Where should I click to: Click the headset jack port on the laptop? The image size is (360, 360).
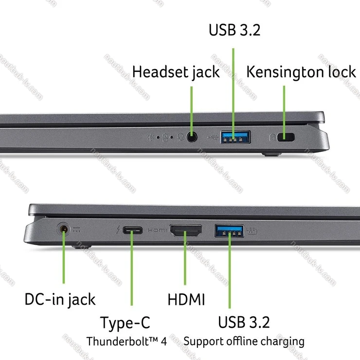coord(192,137)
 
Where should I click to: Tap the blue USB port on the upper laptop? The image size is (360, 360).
coord(235,137)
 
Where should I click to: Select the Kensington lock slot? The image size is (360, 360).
coord(286,137)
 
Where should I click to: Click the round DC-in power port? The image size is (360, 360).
coord(64,229)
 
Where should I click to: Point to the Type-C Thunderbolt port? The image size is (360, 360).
coord(132,230)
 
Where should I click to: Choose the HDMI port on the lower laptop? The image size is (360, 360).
coord(186,231)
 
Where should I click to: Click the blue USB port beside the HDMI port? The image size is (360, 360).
coord(229,231)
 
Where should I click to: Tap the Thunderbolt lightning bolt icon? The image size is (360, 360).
coord(118,230)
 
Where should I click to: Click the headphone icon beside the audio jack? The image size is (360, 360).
coord(180,137)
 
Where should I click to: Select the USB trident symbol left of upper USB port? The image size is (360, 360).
coord(213,137)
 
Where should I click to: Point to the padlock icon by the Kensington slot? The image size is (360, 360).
coord(272,137)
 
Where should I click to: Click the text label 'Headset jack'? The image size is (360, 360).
coord(176,72)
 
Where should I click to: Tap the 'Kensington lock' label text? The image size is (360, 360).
coord(301,72)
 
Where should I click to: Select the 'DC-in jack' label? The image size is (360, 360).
coord(60,299)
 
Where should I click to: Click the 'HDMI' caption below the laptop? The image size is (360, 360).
coord(186,299)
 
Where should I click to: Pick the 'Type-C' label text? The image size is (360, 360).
coord(125,323)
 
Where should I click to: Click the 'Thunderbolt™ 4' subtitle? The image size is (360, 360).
coord(126,341)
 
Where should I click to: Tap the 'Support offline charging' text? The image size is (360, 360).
coord(244,342)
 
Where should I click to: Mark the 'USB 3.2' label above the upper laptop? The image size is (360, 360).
coord(234,30)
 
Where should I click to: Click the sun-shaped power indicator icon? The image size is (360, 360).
coord(151,137)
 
